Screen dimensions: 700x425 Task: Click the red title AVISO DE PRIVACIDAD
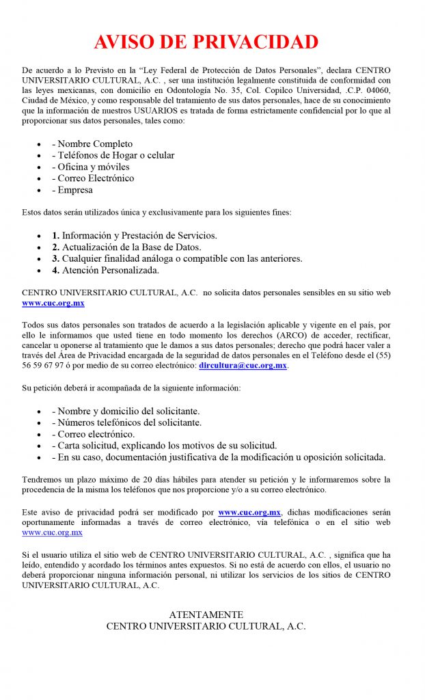tap(206, 42)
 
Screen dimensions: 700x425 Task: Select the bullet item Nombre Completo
tap(95, 144)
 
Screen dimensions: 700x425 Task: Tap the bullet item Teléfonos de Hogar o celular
tap(115, 155)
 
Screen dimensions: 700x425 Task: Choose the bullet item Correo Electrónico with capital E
tap(96, 178)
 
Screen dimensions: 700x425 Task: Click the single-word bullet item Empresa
tap(75, 190)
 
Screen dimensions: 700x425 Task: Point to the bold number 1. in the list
tap(56, 236)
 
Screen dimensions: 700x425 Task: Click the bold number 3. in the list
tap(56, 258)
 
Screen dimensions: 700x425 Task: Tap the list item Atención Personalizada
tap(110, 270)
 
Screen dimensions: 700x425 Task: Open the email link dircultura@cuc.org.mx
tap(243, 366)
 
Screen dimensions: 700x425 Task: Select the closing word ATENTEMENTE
tap(206, 615)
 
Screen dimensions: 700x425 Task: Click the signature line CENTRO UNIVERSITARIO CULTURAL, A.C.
tap(206, 626)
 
